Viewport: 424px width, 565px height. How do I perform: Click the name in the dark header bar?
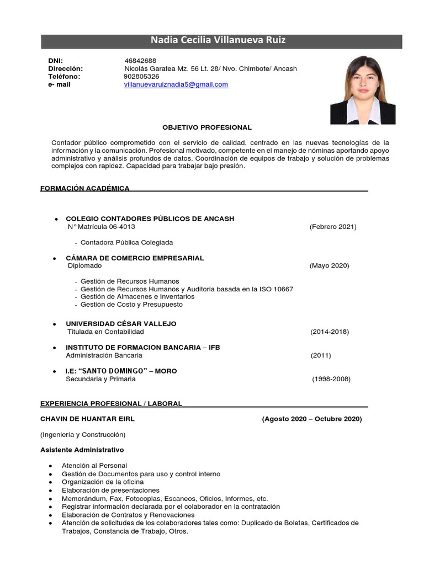(219, 40)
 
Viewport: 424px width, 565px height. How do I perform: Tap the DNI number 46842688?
(141, 61)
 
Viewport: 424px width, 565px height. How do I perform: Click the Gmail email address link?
(176, 84)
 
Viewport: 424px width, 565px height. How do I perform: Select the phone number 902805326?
(141, 77)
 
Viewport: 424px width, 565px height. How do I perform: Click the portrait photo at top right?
(363, 89)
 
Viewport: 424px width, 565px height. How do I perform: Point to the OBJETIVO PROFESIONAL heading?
(206, 127)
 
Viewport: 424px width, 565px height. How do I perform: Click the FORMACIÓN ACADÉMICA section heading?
(85, 189)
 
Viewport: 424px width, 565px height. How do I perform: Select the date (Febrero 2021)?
(333, 227)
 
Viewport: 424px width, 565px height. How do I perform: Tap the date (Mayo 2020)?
(329, 265)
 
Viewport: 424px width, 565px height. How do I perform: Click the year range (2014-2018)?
(330, 332)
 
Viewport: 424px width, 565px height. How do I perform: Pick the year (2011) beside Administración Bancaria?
(322, 356)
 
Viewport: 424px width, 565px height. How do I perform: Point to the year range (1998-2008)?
(331, 379)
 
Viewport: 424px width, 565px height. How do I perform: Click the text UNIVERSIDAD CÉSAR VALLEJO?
(121, 323)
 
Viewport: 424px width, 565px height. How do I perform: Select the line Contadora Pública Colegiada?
(126, 242)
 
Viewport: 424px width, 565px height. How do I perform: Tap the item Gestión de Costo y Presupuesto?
(131, 305)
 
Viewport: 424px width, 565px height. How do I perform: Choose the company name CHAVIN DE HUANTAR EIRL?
(87, 419)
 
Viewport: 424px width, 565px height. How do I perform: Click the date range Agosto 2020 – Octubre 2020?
(312, 419)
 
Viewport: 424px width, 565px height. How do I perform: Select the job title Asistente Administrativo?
(82, 450)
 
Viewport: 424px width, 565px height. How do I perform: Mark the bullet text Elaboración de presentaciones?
(110, 490)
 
